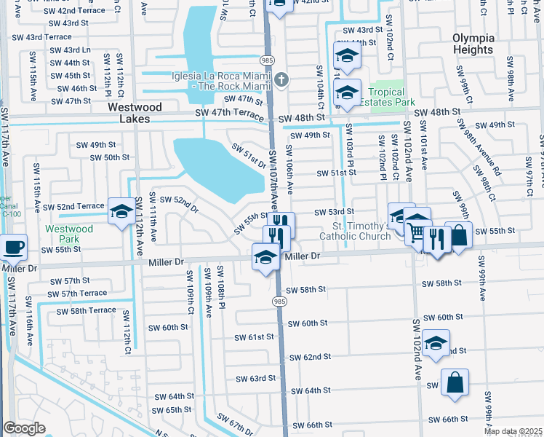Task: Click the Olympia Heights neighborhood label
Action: pyautogui.click(x=473, y=44)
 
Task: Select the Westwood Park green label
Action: pyautogui.click(x=69, y=234)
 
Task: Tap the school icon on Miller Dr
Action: pyautogui.click(x=266, y=256)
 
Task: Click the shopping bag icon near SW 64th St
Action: pyautogui.click(x=455, y=382)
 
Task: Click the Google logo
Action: pyautogui.click(x=24, y=428)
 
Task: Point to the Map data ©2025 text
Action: pyautogui.click(x=513, y=431)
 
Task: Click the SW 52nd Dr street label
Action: pyautogui.click(x=179, y=204)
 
